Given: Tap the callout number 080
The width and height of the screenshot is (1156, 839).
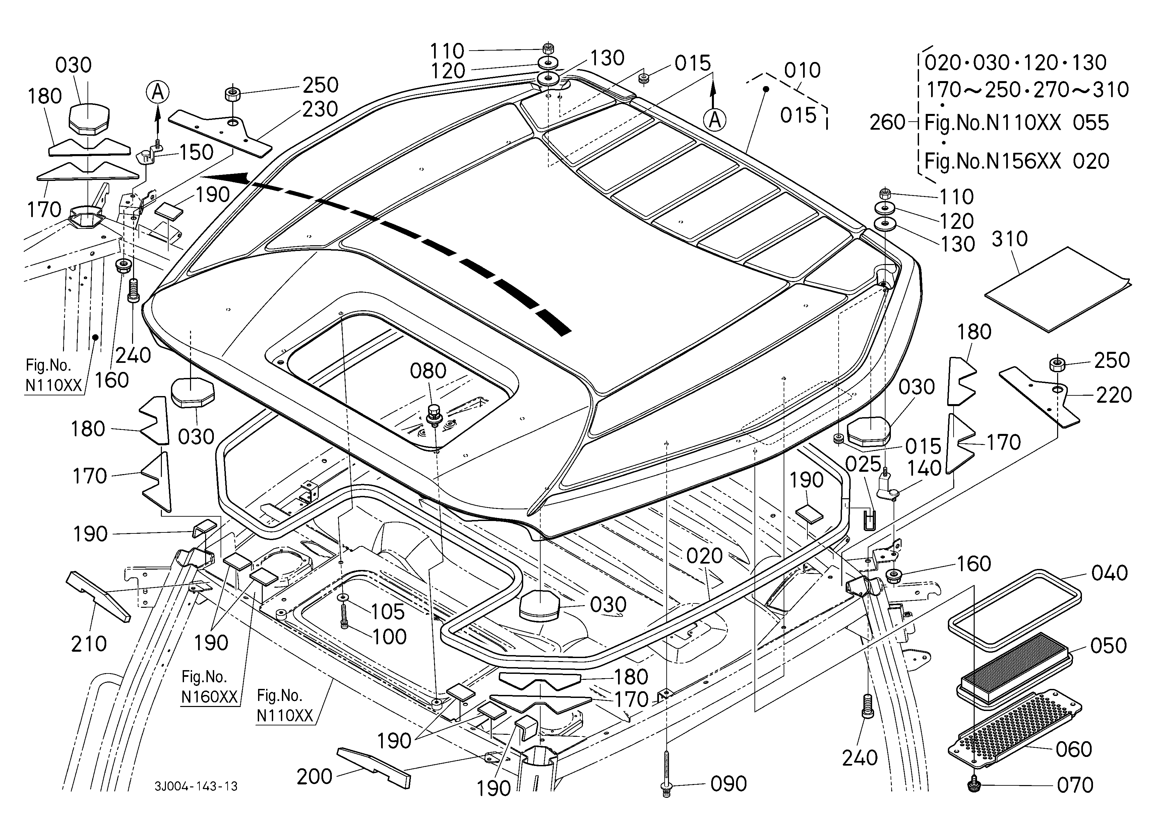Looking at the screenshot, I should click(428, 371).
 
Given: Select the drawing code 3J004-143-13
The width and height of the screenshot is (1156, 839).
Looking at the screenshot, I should click(196, 786).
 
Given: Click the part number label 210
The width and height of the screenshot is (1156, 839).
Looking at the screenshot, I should click(89, 644).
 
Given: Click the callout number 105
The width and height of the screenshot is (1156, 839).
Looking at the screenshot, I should click(388, 612).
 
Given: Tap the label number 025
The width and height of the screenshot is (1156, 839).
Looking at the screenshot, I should click(863, 464).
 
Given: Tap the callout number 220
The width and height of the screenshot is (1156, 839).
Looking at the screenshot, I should click(1114, 395).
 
